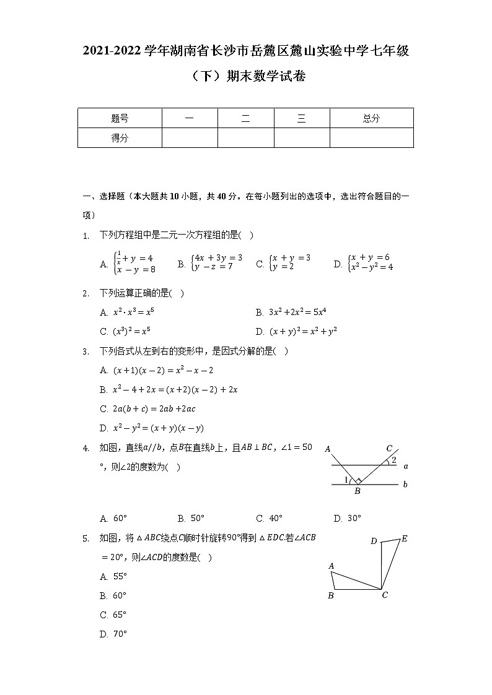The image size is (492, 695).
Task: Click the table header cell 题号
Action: (x=120, y=118)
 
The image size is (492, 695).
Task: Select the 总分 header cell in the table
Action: (x=371, y=118)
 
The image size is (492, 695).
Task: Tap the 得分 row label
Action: (x=120, y=138)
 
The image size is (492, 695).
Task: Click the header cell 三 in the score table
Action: (x=302, y=118)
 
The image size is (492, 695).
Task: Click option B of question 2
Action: (x=291, y=312)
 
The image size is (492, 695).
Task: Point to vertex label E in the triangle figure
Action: (x=405, y=538)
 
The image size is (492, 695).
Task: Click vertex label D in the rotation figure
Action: (x=374, y=542)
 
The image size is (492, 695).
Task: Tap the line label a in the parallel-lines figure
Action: (x=405, y=466)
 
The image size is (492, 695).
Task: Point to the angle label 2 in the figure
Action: (x=393, y=460)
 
